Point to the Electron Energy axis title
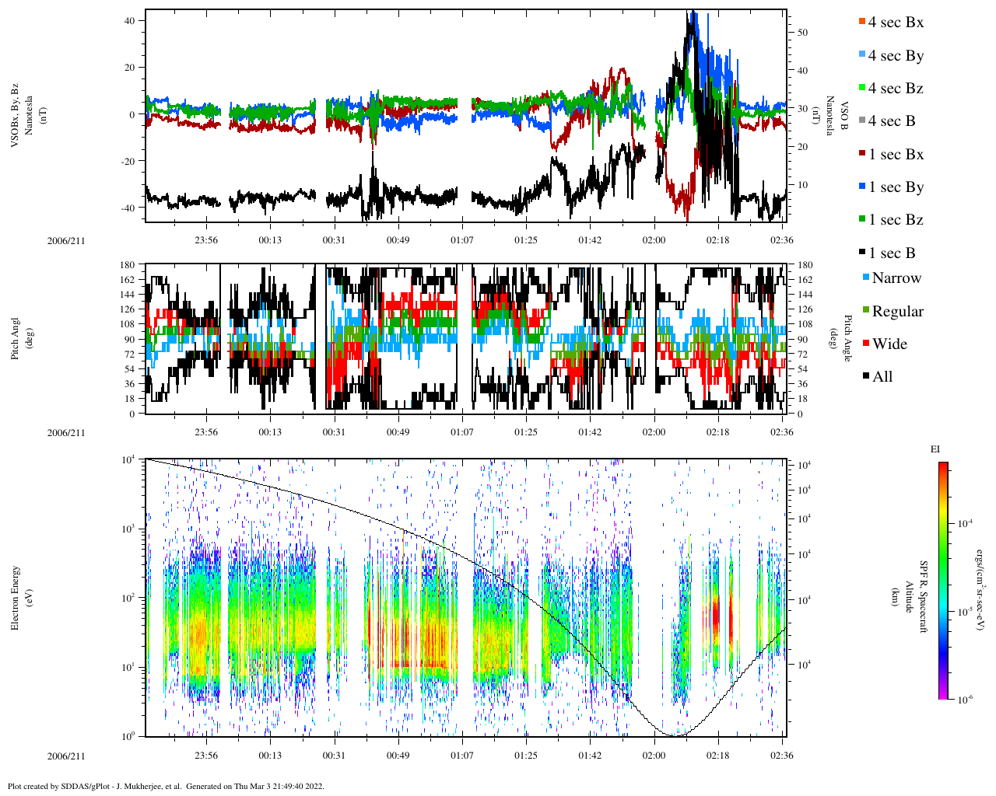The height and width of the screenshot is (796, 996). (15, 597)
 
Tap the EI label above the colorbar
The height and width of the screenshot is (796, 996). (935, 449)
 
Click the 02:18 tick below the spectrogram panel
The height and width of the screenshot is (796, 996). (718, 756)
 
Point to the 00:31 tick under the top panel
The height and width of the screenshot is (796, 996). (334, 240)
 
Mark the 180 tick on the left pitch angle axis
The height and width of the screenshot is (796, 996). (128, 265)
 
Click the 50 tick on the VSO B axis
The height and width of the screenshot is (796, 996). (802, 33)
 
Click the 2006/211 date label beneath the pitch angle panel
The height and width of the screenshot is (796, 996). (66, 432)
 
